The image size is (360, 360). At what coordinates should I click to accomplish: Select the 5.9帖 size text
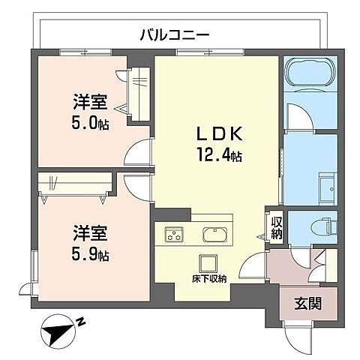click(x=91, y=255)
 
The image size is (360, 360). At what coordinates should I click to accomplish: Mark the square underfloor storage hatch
click(x=206, y=263)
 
